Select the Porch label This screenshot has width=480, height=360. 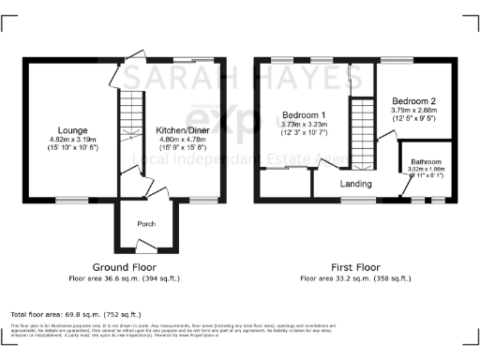147,223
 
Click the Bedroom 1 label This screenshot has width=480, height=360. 302,116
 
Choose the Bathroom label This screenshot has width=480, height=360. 427,163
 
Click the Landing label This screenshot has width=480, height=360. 355,184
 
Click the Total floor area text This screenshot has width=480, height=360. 75,314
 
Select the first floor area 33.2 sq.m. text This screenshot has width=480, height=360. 355,277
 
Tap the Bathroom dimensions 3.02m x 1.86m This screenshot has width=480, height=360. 427,173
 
